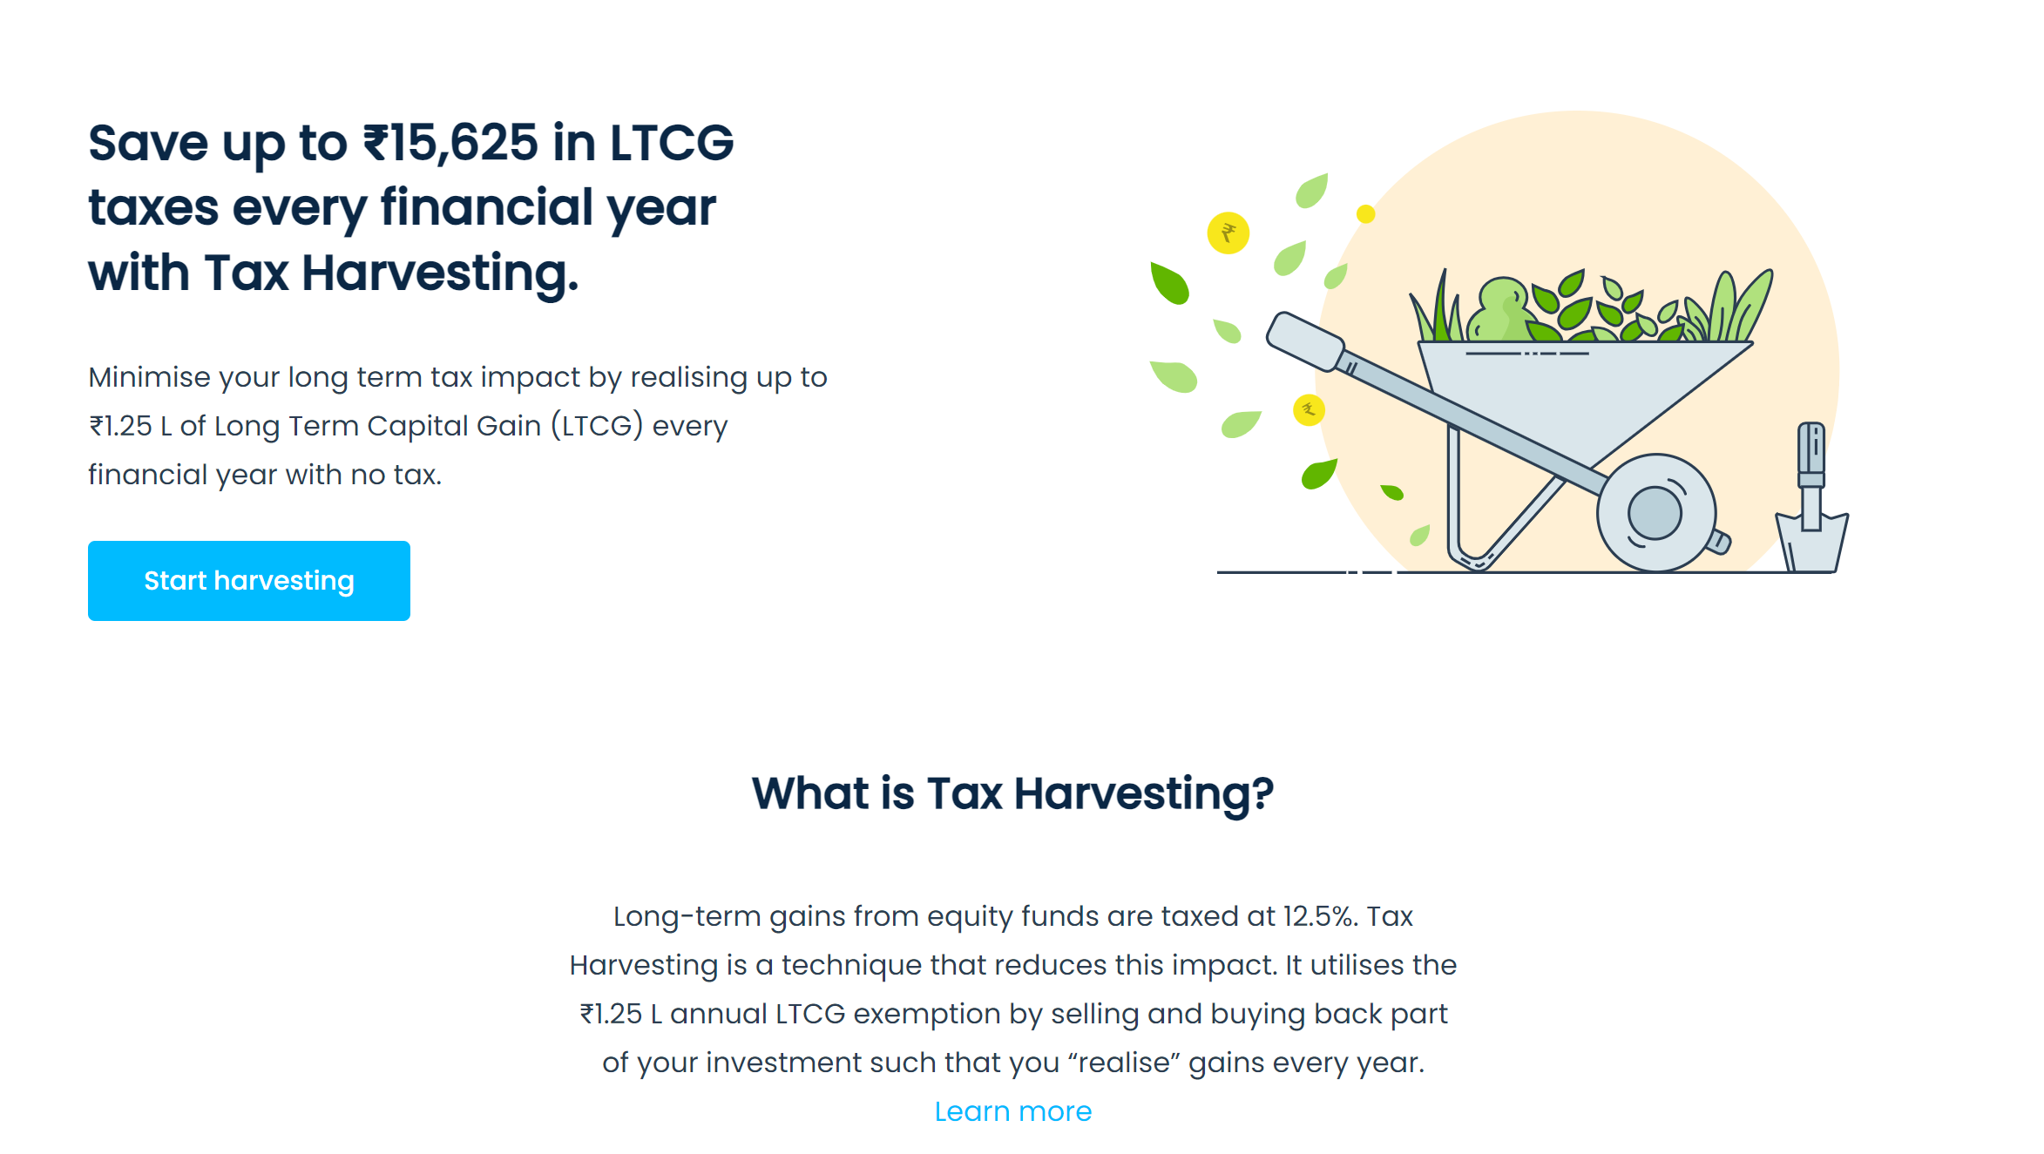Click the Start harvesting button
tap(249, 581)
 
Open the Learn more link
tap(1012, 1111)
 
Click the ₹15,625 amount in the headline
tap(450, 144)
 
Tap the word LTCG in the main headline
tap(671, 143)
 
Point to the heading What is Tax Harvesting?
tap(1012, 793)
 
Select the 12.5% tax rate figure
tap(1319, 916)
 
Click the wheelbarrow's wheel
tap(1655, 513)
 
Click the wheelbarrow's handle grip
tap(1305, 341)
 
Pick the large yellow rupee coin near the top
tap(1228, 233)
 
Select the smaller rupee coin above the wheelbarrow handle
tap(1309, 409)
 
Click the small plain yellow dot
tap(1366, 213)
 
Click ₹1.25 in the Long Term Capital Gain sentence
tap(120, 426)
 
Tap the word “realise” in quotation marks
tap(1123, 1063)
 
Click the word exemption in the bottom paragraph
tap(926, 1014)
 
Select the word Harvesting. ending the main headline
tap(440, 273)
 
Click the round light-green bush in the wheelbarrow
tap(1501, 310)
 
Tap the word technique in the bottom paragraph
tap(851, 965)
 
